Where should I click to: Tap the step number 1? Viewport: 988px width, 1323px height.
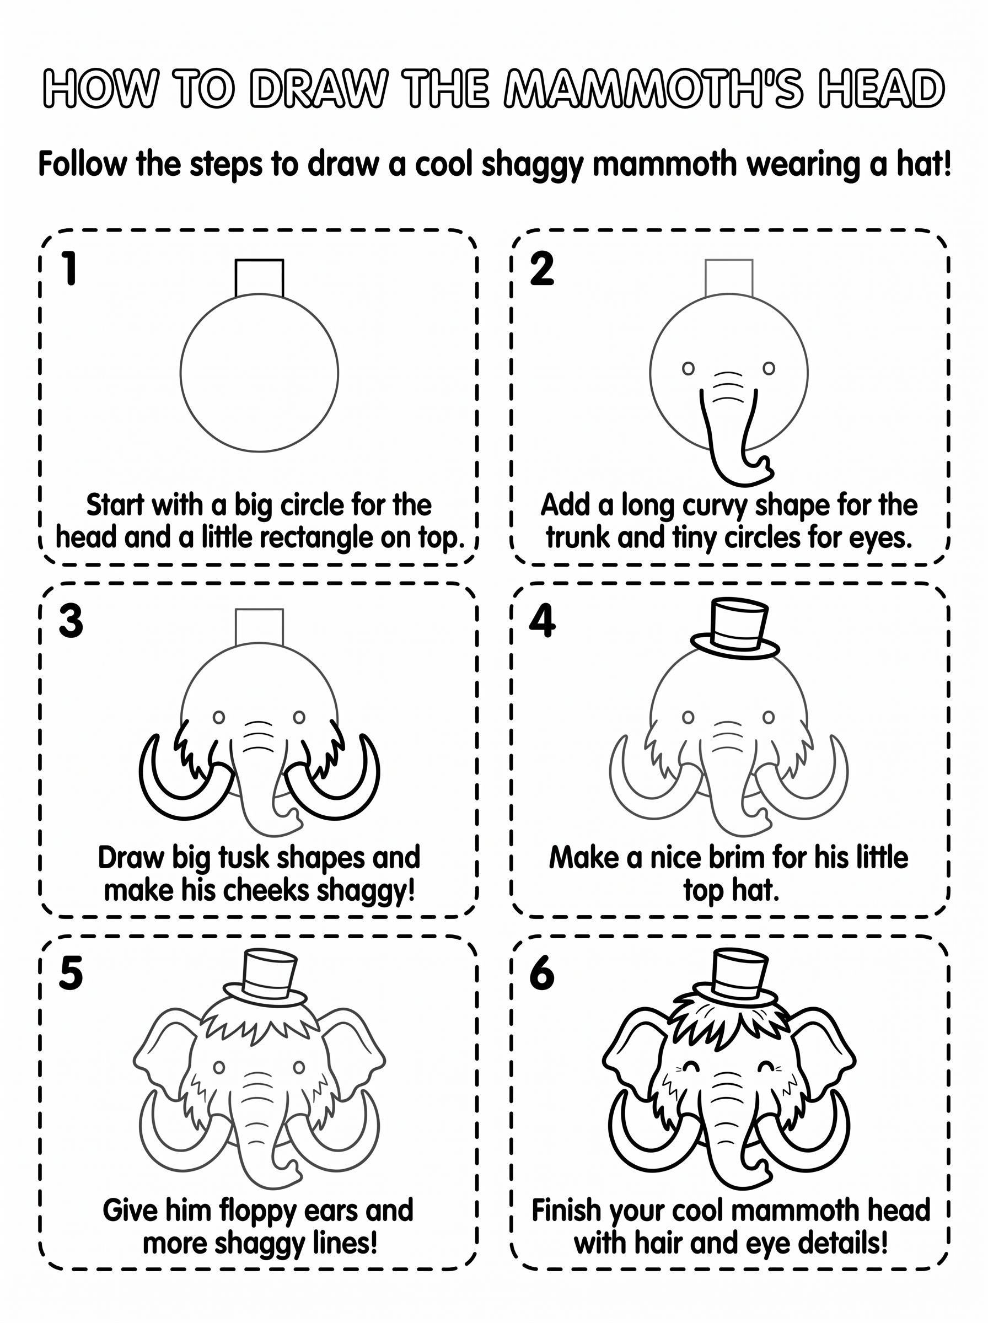coord(70,268)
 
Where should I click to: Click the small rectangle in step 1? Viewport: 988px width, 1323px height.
coord(259,278)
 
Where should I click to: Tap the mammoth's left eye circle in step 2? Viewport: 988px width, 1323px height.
coord(689,368)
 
